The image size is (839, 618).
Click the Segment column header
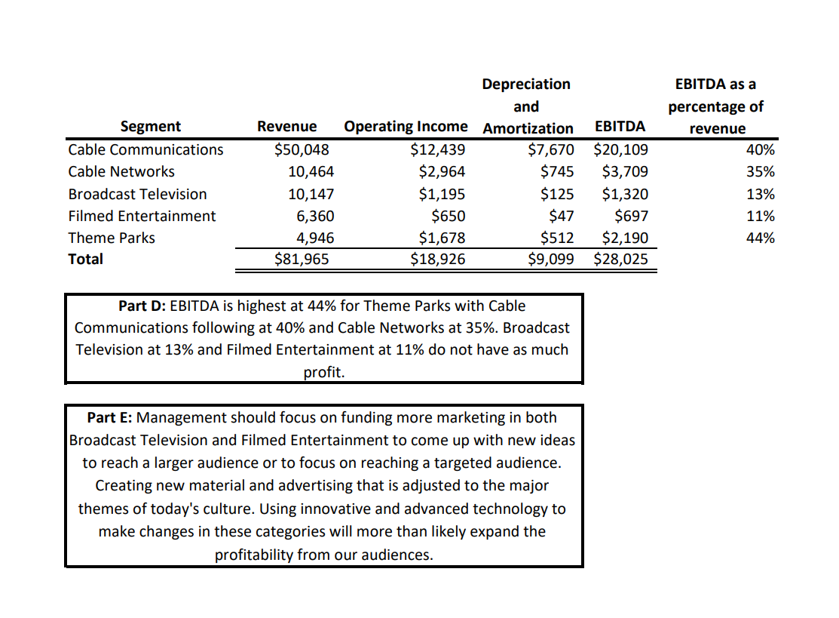coord(151,127)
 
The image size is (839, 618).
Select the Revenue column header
coord(286,127)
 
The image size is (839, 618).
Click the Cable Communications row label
coord(145,149)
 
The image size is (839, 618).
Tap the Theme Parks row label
coord(112,238)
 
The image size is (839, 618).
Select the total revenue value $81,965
coord(302,260)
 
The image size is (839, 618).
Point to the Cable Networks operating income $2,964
coord(442,171)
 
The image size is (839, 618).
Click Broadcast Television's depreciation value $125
coord(557,194)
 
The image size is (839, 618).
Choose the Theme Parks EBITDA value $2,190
coord(625,238)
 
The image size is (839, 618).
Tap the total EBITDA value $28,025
coord(620,260)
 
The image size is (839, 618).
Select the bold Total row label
coord(86,260)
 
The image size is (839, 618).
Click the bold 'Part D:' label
coord(142,306)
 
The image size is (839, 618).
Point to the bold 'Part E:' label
coord(110,417)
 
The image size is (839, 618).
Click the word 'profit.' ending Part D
coord(324,372)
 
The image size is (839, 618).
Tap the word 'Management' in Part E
coord(182,417)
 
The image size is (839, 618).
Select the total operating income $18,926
coord(437,260)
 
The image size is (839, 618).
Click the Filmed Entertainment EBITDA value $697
coord(631,216)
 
